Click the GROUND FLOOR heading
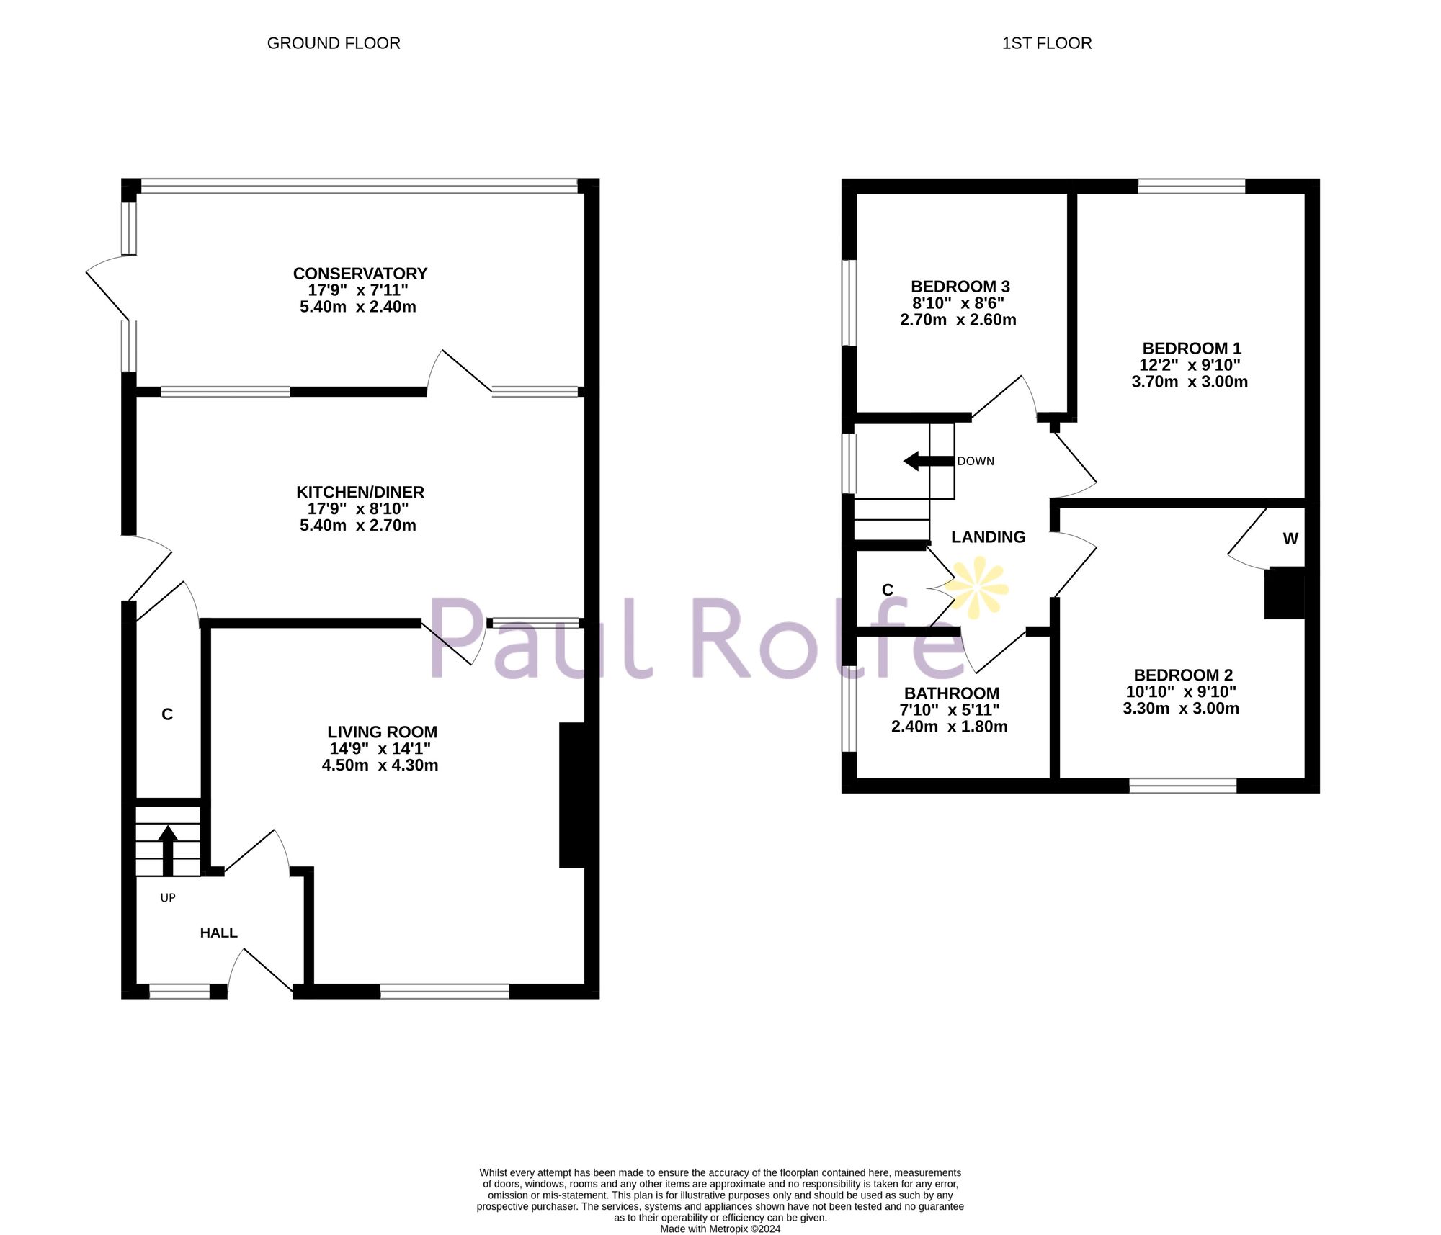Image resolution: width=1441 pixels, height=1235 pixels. [334, 43]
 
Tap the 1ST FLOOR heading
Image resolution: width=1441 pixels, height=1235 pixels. [1046, 43]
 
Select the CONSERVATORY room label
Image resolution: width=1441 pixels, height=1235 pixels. [360, 274]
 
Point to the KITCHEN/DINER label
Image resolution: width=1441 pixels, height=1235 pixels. [360, 492]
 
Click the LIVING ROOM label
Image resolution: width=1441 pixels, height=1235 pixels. [382, 732]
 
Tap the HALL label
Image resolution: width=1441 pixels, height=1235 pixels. [218, 933]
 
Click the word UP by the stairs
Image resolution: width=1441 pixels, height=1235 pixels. [168, 898]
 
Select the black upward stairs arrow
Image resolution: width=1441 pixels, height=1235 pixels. [168, 850]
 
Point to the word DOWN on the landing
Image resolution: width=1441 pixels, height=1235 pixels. [976, 462]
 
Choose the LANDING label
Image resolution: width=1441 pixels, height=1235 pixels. [988, 537]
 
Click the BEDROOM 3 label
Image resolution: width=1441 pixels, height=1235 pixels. [960, 287]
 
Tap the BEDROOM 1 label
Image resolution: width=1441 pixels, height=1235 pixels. [1192, 349]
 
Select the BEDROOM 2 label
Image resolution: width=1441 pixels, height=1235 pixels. [1183, 675]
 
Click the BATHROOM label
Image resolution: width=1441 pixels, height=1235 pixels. [951, 693]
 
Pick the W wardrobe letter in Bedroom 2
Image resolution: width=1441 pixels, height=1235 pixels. [1290, 539]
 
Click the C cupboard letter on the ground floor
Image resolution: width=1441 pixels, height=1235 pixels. [167, 714]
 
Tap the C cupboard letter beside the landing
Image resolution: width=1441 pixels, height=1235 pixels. [888, 590]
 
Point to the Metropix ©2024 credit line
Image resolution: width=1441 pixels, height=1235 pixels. [720, 1229]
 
